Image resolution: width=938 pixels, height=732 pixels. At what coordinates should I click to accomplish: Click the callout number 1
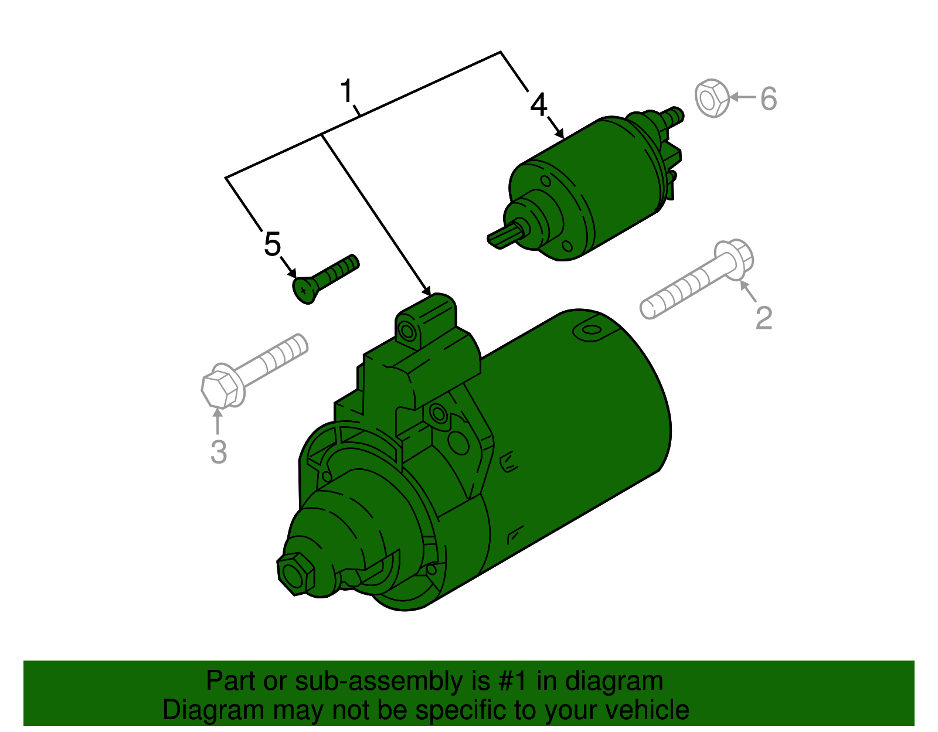[348, 91]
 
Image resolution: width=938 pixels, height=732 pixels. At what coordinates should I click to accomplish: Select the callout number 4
[538, 105]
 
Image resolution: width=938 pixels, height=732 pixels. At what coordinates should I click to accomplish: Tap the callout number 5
[273, 244]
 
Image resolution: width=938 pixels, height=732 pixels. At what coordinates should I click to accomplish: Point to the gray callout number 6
[769, 98]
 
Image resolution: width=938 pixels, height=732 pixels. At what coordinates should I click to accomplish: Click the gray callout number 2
[764, 318]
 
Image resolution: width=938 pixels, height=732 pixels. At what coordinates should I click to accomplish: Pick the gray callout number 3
[219, 452]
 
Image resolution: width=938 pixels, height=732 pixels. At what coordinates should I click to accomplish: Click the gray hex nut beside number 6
[712, 97]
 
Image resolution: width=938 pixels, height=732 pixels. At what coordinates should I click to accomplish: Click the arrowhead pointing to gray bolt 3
[218, 413]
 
